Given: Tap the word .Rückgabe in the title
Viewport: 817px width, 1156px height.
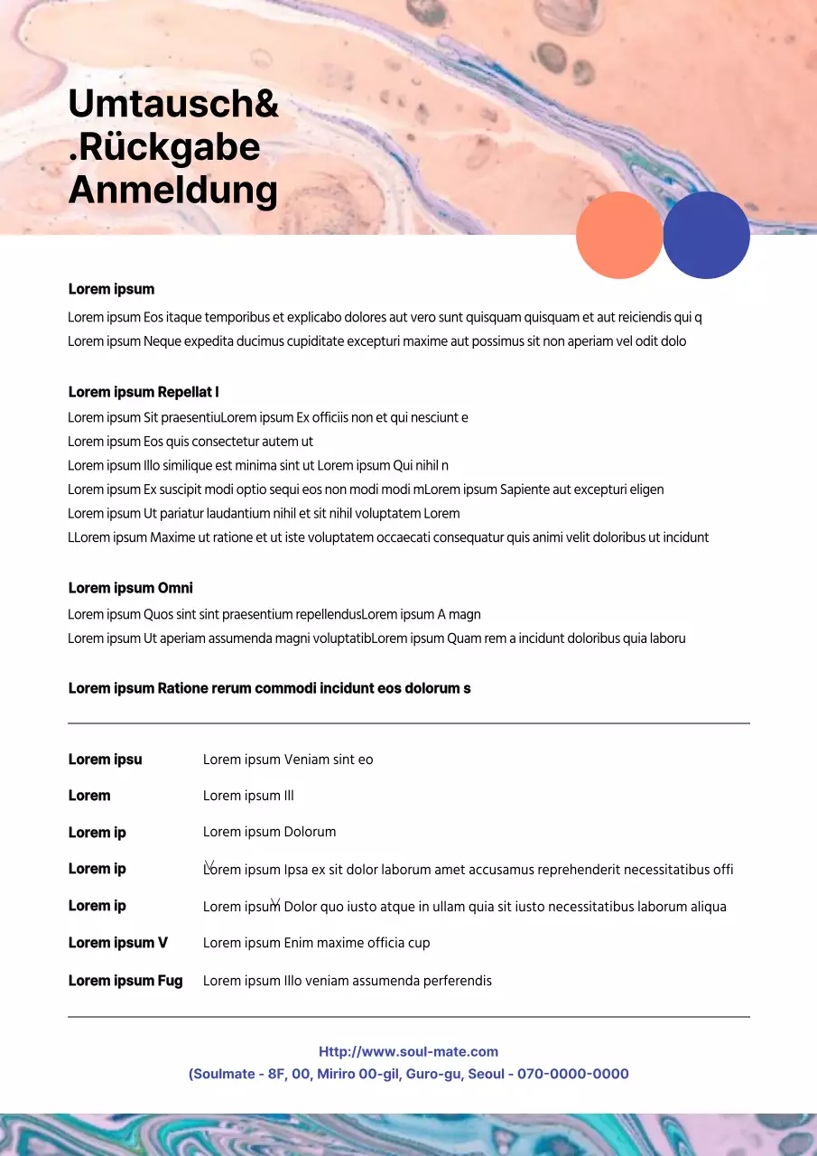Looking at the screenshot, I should [164, 147].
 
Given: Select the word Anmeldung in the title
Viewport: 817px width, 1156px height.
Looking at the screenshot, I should [173, 190].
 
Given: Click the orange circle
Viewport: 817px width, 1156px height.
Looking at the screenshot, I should [619, 235].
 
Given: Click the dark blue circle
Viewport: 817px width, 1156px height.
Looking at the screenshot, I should [706, 235].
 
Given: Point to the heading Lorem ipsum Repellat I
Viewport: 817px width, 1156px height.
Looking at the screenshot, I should [144, 392].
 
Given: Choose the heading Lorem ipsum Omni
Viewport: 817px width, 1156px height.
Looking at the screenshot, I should [131, 588].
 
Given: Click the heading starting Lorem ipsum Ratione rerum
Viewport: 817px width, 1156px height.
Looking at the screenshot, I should [269, 688].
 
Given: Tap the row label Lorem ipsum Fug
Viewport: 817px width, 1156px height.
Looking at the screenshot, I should [125, 981].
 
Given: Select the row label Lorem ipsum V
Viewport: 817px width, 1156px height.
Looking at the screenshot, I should [118, 943].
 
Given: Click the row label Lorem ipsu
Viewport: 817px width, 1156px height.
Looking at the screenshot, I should [106, 760].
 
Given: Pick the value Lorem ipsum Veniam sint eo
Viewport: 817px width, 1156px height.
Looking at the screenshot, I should [288, 760].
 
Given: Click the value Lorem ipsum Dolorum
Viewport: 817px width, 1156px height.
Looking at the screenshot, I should [269, 832].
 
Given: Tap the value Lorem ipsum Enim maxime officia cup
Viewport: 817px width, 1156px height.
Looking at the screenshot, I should [316, 943].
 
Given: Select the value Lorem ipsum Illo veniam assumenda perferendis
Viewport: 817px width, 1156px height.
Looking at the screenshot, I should [347, 981].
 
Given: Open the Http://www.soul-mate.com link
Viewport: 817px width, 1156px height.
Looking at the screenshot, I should [408, 1051].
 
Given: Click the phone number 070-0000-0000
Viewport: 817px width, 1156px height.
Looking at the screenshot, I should [573, 1074].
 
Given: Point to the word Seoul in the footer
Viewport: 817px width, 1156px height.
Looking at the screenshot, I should [487, 1074].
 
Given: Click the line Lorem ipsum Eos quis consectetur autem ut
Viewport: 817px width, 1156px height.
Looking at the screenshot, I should [190, 442].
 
